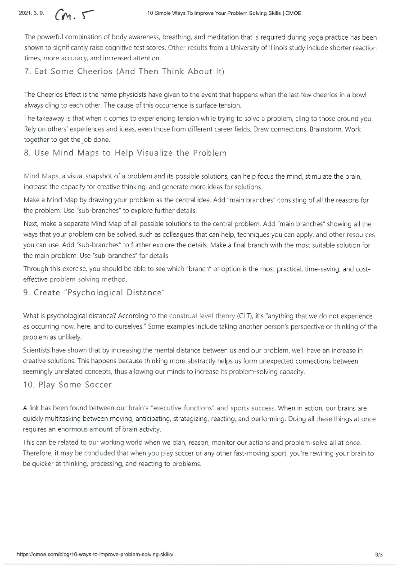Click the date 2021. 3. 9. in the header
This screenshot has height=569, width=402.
click(x=31, y=13)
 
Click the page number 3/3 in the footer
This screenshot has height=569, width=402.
click(x=379, y=555)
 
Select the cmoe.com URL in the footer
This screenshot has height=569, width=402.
click(x=95, y=555)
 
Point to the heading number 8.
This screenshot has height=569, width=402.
click(x=27, y=153)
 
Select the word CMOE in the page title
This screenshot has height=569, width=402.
click(x=294, y=13)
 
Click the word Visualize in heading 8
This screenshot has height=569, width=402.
click(x=154, y=153)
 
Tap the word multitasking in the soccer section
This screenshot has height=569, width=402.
click(x=62, y=419)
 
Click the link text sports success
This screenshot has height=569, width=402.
click(x=253, y=408)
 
